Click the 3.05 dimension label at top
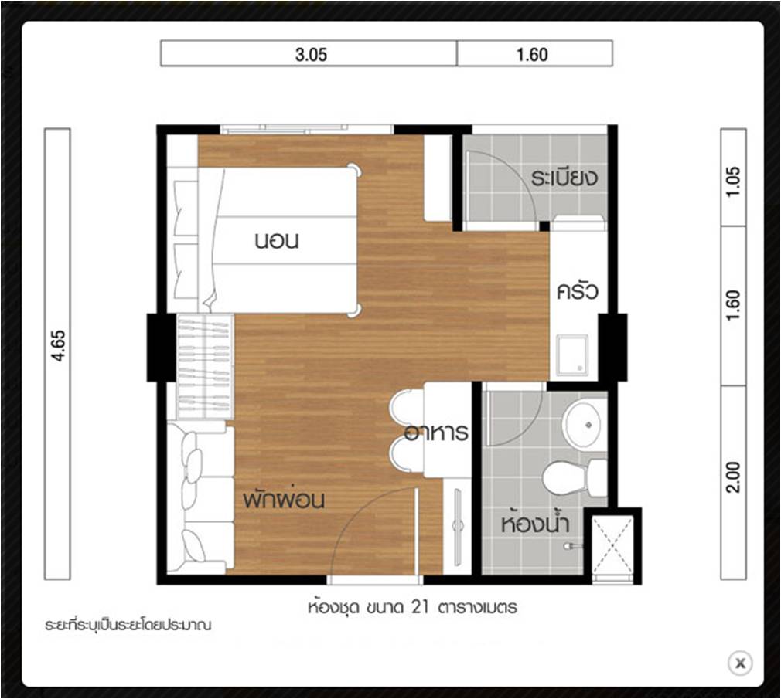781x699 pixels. pyautogui.click(x=311, y=54)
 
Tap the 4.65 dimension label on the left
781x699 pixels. pyautogui.click(x=58, y=345)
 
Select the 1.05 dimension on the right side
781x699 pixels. pyautogui.click(x=734, y=181)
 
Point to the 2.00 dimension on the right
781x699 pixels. pyautogui.click(x=734, y=477)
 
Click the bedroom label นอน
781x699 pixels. pyautogui.click(x=276, y=241)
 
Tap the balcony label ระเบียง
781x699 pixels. pyautogui.click(x=564, y=178)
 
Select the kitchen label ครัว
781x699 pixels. pyautogui.click(x=578, y=291)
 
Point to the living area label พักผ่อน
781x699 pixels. pyautogui.click(x=284, y=499)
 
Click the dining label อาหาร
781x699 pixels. pyautogui.click(x=436, y=432)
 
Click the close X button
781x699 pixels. pyautogui.click(x=740, y=663)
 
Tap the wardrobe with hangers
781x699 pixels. pyautogui.click(x=205, y=366)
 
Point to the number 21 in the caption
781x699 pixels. pyautogui.click(x=421, y=607)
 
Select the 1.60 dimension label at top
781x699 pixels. pyautogui.click(x=532, y=54)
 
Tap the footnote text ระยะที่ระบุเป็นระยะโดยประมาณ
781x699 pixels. pyautogui.click(x=128, y=625)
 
